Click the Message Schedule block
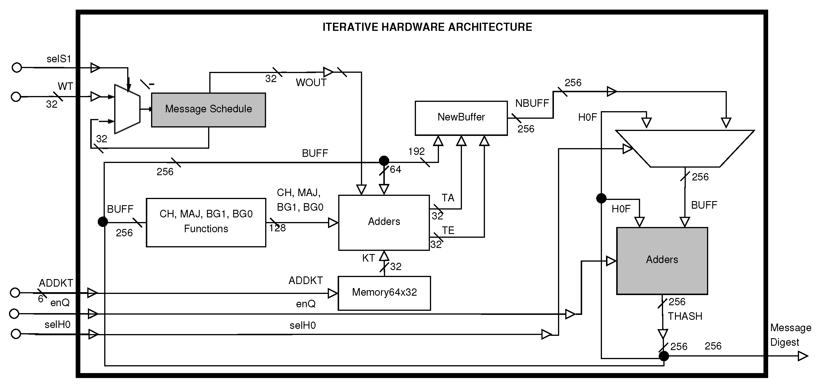(x=208, y=110)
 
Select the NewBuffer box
(x=461, y=118)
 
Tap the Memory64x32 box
(x=384, y=293)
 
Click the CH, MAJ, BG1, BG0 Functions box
(x=206, y=222)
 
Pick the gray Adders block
(x=662, y=261)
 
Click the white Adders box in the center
(x=384, y=222)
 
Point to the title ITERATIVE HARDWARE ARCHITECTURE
(x=427, y=27)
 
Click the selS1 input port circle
(x=17, y=68)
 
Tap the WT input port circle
(x=16, y=97)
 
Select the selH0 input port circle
(x=16, y=334)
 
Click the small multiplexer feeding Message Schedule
(x=127, y=109)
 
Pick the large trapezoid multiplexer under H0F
(x=685, y=148)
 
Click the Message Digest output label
(x=790, y=335)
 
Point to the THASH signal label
(x=685, y=316)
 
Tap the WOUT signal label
(x=311, y=83)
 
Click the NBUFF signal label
(x=532, y=103)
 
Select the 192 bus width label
(x=416, y=151)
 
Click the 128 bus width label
(x=277, y=228)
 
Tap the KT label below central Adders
(x=368, y=258)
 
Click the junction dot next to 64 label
(x=384, y=160)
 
